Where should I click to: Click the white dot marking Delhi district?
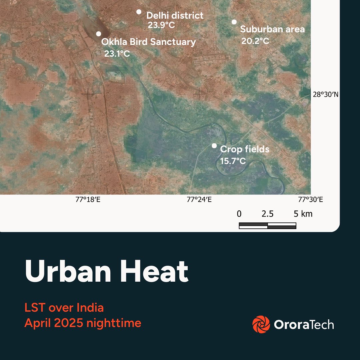tap(139, 12)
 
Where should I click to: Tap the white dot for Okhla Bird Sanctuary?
tap(98, 34)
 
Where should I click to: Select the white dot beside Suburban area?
tap(234, 22)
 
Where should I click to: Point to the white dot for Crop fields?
tap(214, 146)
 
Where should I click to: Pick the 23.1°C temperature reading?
tap(117, 53)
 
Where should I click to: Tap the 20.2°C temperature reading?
tap(255, 41)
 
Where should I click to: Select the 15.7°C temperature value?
tap(233, 161)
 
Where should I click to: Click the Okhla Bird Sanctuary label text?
tap(148, 42)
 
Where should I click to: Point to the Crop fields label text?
tap(244, 149)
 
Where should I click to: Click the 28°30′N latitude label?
tap(326, 95)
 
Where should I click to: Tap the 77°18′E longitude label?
tap(88, 200)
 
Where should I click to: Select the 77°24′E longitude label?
tap(199, 200)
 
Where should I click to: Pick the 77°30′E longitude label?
tap(311, 200)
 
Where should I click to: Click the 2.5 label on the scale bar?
tap(267, 214)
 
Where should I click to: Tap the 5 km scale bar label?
tap(303, 214)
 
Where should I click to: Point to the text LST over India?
tap(64, 307)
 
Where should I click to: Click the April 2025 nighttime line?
tap(83, 323)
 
